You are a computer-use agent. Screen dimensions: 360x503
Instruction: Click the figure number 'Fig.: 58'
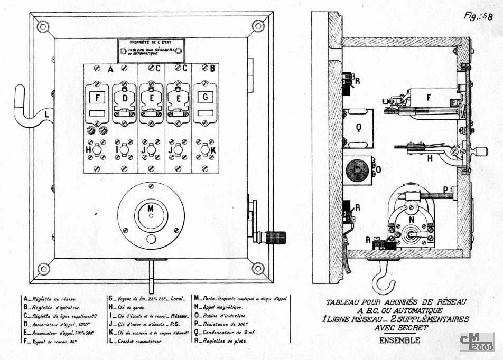[x=478, y=16]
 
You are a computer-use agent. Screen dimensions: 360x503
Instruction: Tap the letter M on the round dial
[x=151, y=209]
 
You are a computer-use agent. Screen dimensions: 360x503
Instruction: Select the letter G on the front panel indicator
[x=205, y=97]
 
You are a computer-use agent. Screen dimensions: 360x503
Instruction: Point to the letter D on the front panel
[x=125, y=99]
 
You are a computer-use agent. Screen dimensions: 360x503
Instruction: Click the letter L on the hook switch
[x=48, y=112]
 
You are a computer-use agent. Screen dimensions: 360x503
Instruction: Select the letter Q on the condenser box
[x=359, y=127]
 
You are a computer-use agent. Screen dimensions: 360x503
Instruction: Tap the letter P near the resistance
[x=445, y=190]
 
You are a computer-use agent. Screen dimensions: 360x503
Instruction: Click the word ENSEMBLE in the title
[x=399, y=340]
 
